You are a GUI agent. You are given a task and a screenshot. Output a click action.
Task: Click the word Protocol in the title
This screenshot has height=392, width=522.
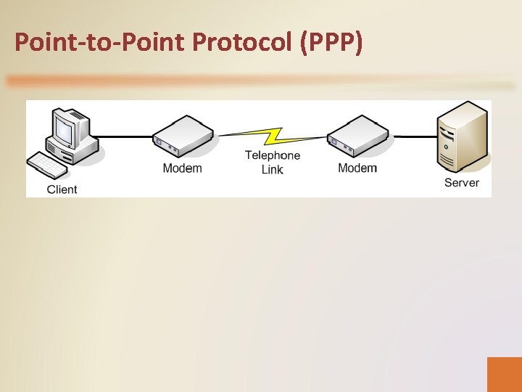pos(240,43)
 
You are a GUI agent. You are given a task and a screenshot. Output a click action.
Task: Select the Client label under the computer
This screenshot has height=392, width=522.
pos(62,189)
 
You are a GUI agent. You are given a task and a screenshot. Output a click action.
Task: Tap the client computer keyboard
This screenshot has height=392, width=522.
pos(46,165)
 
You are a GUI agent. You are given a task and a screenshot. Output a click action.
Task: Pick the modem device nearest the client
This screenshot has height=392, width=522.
pos(183,136)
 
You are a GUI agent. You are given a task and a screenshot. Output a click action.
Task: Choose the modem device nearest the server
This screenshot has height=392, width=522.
pos(357,136)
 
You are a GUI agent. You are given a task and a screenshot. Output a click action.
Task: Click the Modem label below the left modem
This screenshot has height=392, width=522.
pos(182,168)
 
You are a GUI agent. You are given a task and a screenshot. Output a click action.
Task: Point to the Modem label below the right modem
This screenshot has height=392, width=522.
pos(357,168)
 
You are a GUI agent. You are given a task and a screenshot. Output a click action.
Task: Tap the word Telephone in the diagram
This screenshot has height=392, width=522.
pos(272,155)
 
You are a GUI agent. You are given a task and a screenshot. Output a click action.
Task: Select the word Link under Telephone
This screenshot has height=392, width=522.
pos(272,170)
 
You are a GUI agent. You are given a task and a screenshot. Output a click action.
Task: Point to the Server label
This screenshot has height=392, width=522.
pos(461,183)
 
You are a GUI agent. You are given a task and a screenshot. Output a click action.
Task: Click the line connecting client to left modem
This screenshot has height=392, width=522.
pos(123,136)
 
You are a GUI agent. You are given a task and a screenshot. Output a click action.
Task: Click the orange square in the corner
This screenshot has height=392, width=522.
pos(504,374)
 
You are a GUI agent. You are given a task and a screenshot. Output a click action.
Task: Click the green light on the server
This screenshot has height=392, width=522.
pos(446,147)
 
